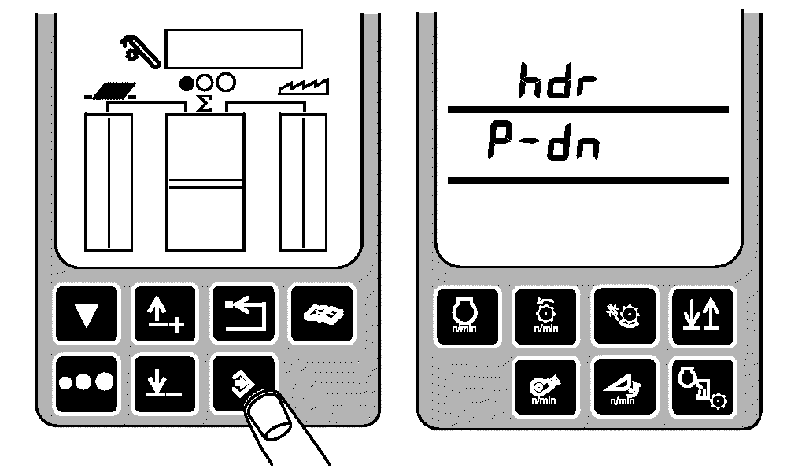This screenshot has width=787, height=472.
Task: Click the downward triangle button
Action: [x=87, y=315]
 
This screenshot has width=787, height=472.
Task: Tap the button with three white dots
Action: [x=87, y=383]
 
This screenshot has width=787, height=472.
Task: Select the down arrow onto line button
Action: [x=164, y=383]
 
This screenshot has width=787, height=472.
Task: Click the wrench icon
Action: [x=140, y=50]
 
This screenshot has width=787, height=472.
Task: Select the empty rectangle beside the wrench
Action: [x=234, y=49]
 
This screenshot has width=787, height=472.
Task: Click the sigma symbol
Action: [x=203, y=105]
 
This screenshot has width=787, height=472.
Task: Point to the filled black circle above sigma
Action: [x=187, y=83]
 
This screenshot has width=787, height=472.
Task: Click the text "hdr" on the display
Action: [x=558, y=80]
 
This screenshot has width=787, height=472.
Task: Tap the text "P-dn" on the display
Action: [x=544, y=142]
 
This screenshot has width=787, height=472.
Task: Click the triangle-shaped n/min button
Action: [x=624, y=388]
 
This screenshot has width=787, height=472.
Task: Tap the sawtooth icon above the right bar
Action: [x=304, y=87]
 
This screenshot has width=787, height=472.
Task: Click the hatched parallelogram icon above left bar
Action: [x=110, y=90]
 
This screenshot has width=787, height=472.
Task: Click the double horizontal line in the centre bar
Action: [x=205, y=183]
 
